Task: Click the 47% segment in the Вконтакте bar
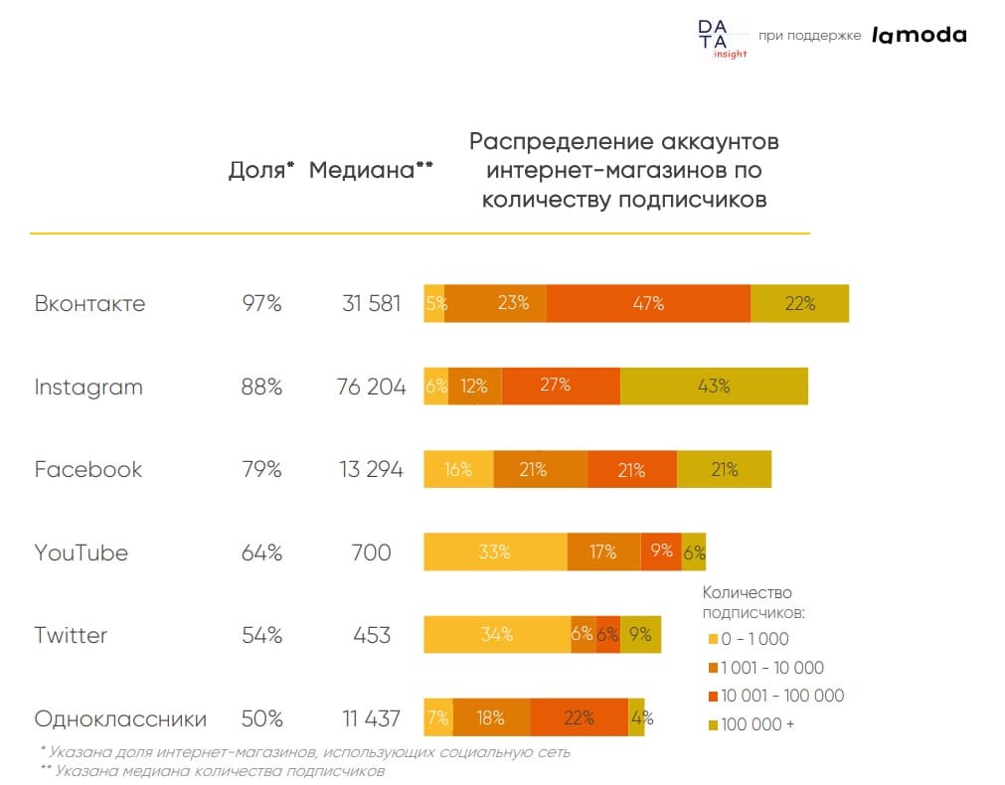pos(648,304)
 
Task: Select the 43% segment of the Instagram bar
pos(714,387)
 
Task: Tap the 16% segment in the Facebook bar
pos(458,469)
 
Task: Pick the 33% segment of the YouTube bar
pos(495,551)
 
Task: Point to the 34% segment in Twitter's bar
pos(497,634)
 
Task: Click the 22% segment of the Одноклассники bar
pos(579,717)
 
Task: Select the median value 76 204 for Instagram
pos(371,388)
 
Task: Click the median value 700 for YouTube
pos(371,552)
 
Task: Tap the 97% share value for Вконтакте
pos(261,304)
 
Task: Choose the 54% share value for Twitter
pos(261,635)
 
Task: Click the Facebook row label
pos(88,470)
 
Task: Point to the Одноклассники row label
pos(120,718)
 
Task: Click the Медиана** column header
pos(371,170)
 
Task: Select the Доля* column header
pos(261,170)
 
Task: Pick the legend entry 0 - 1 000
pos(754,639)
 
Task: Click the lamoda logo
pos(919,35)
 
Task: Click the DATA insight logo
pos(722,38)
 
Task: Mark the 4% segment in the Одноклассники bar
pos(636,717)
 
